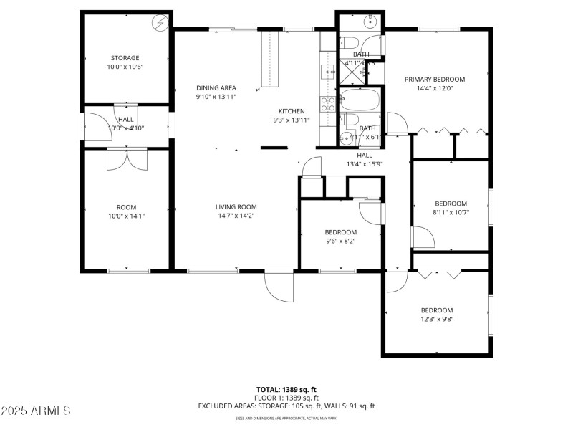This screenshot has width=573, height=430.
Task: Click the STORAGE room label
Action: (125, 58)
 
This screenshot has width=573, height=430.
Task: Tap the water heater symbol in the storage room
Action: (160, 23)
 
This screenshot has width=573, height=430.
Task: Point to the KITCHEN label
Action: (292, 111)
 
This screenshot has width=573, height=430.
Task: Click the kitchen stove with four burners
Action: (327, 104)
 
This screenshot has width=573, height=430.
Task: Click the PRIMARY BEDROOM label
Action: (435, 80)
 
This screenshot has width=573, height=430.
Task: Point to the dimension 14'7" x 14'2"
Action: (236, 216)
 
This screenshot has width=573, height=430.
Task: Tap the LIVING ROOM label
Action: (236, 207)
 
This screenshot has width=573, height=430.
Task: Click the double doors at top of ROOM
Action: (126, 159)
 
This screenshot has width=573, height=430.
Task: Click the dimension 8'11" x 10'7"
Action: (451, 212)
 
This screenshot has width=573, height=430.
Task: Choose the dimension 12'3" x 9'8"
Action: (437, 319)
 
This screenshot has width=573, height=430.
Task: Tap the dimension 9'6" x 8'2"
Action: (340, 241)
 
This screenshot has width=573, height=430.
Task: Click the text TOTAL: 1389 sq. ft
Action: (286, 389)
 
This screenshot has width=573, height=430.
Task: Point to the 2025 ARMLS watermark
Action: (36, 411)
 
